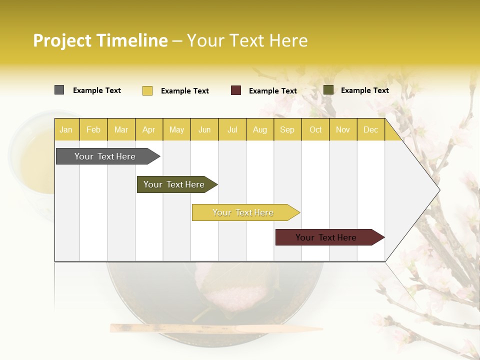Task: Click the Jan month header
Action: pyautogui.click(x=66, y=129)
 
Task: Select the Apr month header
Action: pyautogui.click(x=148, y=129)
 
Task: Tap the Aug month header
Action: pyautogui.click(x=259, y=129)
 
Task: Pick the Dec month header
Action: pyautogui.click(x=370, y=129)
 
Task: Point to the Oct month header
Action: pyautogui.click(x=315, y=129)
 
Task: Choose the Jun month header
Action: pyautogui.click(x=204, y=129)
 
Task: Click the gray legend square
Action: pyautogui.click(x=59, y=90)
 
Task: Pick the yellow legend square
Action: pyautogui.click(x=147, y=90)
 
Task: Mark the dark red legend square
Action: pyautogui.click(x=236, y=90)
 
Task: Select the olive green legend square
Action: pyautogui.click(x=328, y=90)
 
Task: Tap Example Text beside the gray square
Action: pyautogui.click(x=97, y=90)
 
